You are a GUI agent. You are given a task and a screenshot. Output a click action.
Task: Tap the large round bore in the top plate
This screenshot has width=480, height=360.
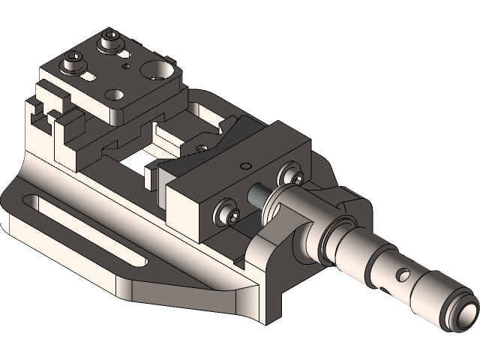158,70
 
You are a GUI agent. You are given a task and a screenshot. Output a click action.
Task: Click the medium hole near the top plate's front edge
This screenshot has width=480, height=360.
114,95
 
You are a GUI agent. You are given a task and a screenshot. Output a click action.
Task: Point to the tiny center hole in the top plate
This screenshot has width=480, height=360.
126,67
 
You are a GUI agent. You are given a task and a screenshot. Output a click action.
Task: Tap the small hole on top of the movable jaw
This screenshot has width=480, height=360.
241,164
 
